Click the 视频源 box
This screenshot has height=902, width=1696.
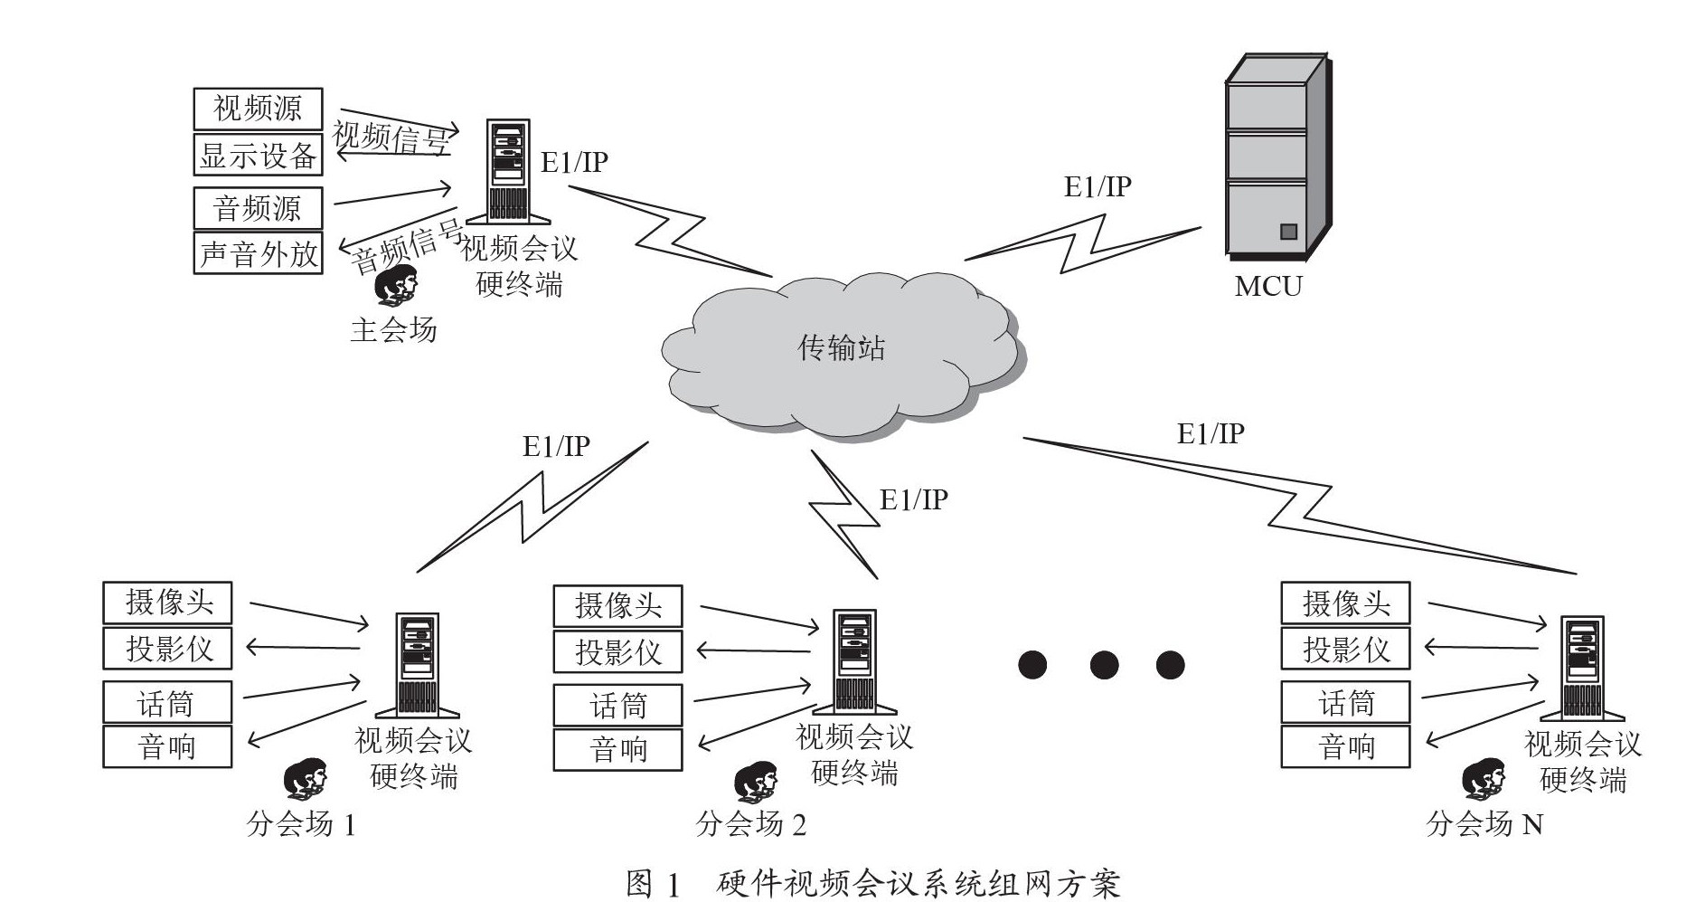(x=258, y=109)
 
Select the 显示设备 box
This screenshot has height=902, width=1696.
(x=258, y=155)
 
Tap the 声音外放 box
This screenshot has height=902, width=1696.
(x=258, y=253)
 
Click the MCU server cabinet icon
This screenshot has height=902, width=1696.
(x=1275, y=158)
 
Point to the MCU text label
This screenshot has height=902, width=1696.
(x=1268, y=287)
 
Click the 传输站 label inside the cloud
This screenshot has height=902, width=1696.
(x=841, y=348)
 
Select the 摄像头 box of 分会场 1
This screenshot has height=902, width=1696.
(x=168, y=603)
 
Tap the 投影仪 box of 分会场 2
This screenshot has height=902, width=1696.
(x=617, y=651)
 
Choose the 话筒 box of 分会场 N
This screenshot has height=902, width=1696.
(x=1345, y=702)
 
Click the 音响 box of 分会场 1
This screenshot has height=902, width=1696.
(x=168, y=746)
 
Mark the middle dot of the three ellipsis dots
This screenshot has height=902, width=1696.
(x=1104, y=665)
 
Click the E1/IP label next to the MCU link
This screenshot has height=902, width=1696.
(x=1097, y=187)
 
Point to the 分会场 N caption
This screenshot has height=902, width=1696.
(x=1484, y=823)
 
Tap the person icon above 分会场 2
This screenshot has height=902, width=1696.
(x=755, y=782)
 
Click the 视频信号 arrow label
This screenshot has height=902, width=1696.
(x=391, y=138)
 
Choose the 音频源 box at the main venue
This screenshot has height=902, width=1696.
(x=258, y=208)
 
